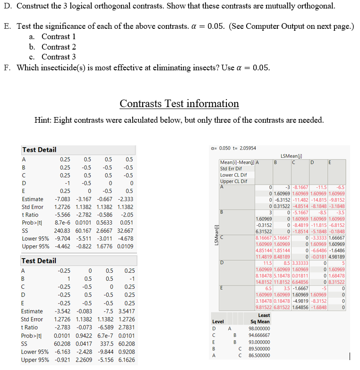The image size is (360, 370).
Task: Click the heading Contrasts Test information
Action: pos(179,103)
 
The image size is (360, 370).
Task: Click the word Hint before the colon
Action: pos(43,120)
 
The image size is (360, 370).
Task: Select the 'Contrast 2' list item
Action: pos(59,47)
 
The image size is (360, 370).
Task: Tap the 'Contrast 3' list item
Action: pos(59,57)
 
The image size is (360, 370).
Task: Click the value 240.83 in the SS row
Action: pos(62,231)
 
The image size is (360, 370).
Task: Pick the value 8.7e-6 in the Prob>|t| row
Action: pos(62,223)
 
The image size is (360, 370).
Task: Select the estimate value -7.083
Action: pos(62,199)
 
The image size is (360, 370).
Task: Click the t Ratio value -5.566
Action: pos(62,215)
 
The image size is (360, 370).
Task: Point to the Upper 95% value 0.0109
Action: pos(125,247)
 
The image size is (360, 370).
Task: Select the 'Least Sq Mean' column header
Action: pos(264,319)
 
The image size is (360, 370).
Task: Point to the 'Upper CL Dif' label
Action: pos(233,181)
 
